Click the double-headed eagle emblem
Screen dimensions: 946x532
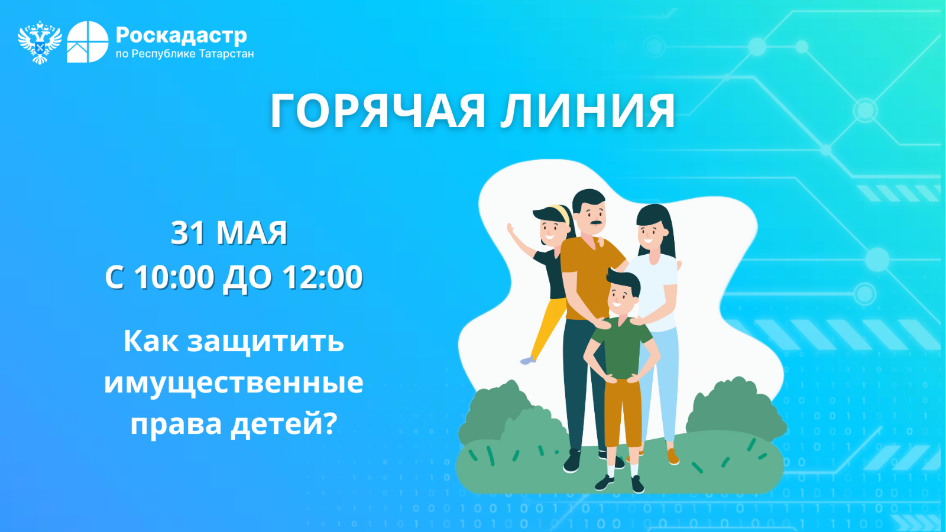click(x=40, y=42)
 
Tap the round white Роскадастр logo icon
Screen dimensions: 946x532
click(x=88, y=42)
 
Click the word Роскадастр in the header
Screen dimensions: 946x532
click(x=181, y=35)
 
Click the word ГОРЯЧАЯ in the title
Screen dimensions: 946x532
click(x=378, y=111)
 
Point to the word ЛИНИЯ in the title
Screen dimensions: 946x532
click(x=588, y=111)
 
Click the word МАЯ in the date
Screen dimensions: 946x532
click(x=252, y=233)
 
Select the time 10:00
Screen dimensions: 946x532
click(x=174, y=277)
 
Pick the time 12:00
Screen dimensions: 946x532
click(x=323, y=277)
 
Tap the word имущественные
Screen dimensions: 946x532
click(x=234, y=382)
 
